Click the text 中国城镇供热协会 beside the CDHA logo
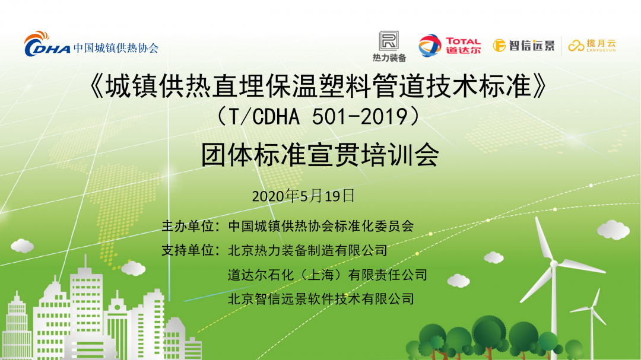coord(116,48)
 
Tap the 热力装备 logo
coord(389,46)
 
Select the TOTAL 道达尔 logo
coord(450,45)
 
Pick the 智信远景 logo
coord(523,45)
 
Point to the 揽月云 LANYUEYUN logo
coord(592,45)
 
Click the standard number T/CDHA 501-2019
coord(318,117)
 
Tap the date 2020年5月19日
coord(303,196)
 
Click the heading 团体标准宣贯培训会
coord(320,155)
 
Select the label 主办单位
coord(188,226)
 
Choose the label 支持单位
coord(188,250)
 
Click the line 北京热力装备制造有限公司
coord(307,250)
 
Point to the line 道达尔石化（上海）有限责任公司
coord(328,275)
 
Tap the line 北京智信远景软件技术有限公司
coord(321,299)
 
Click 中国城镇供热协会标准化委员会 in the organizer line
coord(321,226)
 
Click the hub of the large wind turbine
coord(554,265)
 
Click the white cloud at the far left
coord(22,246)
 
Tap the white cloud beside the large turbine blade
coord(613,230)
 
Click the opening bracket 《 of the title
coord(97,86)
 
